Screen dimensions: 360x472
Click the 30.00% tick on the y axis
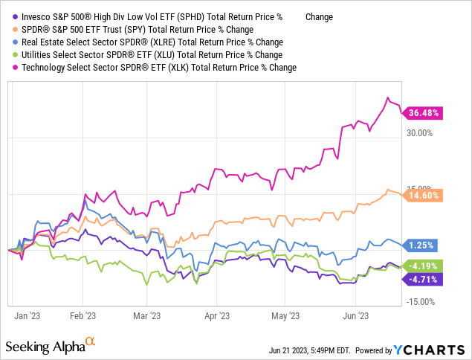click(417, 133)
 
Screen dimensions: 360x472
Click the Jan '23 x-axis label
click(28, 315)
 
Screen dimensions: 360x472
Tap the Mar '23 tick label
click(146, 315)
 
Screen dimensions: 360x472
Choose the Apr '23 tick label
click(216, 315)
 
